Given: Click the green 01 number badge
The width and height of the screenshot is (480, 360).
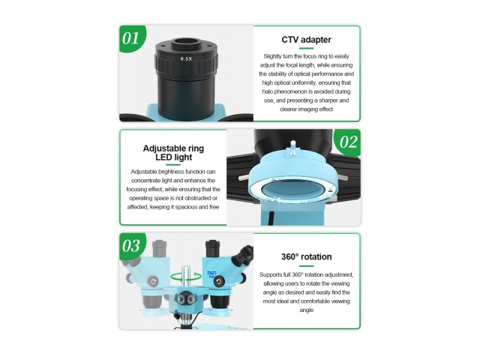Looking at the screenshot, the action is tap(132, 38).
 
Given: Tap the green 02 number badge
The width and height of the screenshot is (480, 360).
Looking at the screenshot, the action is tap(348, 142).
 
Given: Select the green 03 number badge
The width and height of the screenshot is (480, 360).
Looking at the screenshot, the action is tap(132, 246).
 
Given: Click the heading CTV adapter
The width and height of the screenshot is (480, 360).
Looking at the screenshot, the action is tap(306, 40).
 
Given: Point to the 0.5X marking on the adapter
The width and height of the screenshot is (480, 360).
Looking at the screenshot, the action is tap(186, 58).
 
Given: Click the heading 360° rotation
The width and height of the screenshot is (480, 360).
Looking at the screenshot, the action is tap(306, 256).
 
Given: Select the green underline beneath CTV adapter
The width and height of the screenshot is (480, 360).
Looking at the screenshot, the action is tap(306, 48).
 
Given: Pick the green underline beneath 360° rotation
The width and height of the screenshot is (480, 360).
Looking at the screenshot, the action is tap(306, 265).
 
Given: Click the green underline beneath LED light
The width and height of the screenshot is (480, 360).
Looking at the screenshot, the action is tap(173, 165).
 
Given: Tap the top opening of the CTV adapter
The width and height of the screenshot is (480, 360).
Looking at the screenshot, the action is tap(187, 43).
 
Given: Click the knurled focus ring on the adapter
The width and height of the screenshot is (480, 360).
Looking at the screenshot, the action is tap(187, 63).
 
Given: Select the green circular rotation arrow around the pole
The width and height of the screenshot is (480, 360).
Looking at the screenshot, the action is tap(186, 277).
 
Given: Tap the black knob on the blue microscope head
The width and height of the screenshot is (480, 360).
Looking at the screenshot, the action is tap(218, 282).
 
